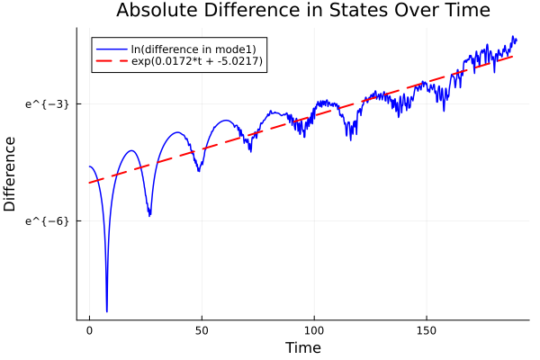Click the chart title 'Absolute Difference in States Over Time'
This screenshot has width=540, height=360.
303,11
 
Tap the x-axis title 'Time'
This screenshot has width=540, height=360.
302,347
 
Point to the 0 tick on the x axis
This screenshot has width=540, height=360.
89,330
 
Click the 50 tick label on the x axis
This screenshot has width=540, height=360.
202,330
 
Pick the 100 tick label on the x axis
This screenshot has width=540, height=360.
313,330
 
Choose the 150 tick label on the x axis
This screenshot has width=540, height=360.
426,330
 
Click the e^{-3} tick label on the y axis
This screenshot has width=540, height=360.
47,103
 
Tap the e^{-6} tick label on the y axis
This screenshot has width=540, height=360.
47,220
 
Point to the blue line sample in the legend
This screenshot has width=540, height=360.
111,48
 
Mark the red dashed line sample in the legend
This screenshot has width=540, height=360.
111,61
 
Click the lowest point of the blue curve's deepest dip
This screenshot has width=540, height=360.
106,311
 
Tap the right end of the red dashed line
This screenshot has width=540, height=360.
513,56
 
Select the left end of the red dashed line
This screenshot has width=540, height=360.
89,183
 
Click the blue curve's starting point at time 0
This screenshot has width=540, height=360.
89,166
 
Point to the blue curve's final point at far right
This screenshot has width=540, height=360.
516,39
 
